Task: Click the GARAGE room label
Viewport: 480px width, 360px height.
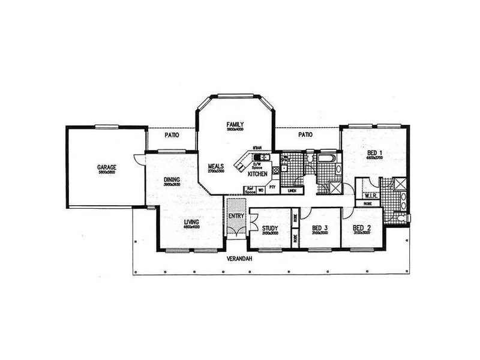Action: [107, 167]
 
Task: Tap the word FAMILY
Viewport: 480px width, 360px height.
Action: [234, 124]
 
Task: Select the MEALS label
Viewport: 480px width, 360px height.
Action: [217, 166]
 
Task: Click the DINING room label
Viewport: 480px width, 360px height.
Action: [172, 179]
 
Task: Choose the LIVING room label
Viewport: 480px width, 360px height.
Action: [192, 222]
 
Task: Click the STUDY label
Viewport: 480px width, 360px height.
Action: [270, 228]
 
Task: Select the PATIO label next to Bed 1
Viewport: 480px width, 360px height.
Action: [305, 135]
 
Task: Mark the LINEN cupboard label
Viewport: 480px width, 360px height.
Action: [292, 191]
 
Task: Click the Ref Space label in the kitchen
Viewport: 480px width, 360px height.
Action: [250, 190]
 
